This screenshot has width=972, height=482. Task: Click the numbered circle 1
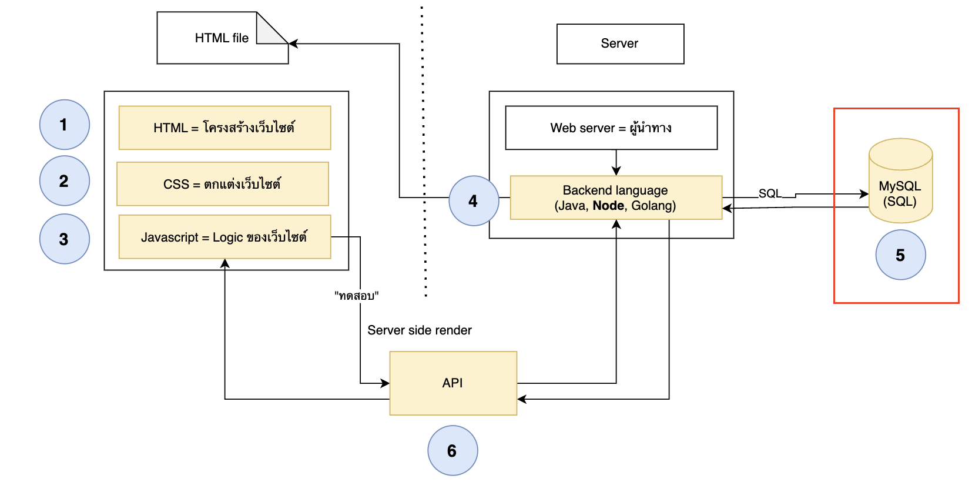pos(65,125)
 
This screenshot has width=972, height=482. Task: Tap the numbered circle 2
pos(65,180)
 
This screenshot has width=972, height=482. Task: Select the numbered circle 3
pos(65,239)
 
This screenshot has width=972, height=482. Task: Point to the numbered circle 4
pos(474,200)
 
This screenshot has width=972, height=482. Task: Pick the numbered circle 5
pos(900,255)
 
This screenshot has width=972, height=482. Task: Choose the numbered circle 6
pos(453,450)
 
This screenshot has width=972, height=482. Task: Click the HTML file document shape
pos(222,38)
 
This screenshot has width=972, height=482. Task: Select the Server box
pos(620,44)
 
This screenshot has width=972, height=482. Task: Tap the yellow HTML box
pos(224,128)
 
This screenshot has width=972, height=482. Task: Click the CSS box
pos(223,184)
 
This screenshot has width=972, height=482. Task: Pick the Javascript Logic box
pos(224,237)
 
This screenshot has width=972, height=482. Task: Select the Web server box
pos(611,128)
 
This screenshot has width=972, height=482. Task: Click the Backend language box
pos(616,198)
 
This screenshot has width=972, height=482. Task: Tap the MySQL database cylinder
pos(900,180)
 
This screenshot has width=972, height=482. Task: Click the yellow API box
pos(453,383)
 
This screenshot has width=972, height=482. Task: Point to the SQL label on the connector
pos(770,193)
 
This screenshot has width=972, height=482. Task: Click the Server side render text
pos(419,330)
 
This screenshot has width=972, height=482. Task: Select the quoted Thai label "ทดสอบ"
pos(356,296)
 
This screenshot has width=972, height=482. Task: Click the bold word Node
pos(608,205)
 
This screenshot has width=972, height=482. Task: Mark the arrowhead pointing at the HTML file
pos(293,43)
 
